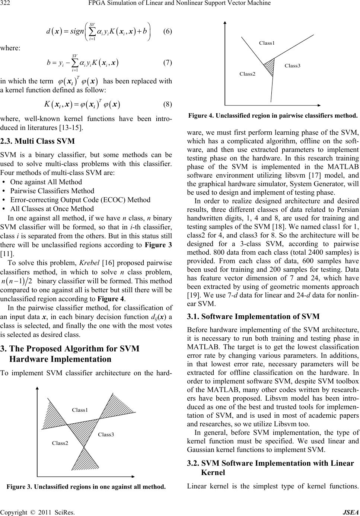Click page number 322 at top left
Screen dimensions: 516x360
coord(7,4)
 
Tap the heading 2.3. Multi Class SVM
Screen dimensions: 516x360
coord(38,141)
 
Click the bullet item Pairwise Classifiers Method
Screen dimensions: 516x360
coord(52,191)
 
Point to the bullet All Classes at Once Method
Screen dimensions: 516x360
coord(52,209)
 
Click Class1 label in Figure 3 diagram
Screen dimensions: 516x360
coord(80,410)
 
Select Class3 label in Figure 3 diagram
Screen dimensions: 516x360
coord(106,434)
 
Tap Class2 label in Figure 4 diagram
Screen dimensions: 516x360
coord(247,74)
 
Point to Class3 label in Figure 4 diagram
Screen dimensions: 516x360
coord(292,66)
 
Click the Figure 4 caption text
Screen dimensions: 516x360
coord(273,115)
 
